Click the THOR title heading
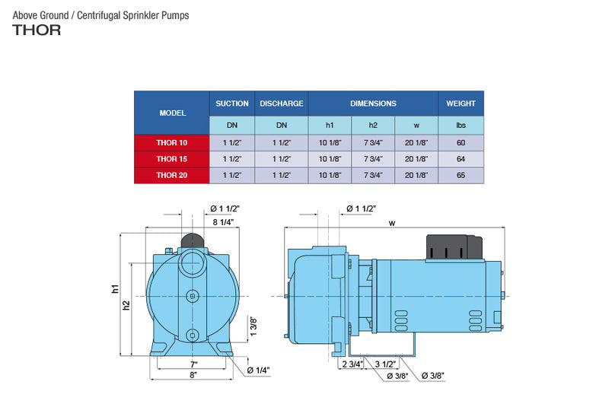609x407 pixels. point(37,31)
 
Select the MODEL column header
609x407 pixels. point(172,113)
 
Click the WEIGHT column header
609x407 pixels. point(461,103)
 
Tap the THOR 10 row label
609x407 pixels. point(172,142)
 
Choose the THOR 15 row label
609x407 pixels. point(172,159)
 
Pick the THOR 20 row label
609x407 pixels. point(172,176)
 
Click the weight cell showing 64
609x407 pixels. point(461,159)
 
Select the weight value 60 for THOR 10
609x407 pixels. point(461,142)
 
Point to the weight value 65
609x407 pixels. point(461,176)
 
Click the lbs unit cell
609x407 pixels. point(461,125)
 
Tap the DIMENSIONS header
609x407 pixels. point(373,103)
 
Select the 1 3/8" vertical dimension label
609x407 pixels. point(253,326)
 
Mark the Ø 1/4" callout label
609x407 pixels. point(259,370)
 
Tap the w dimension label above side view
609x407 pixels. point(392,223)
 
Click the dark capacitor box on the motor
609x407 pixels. point(454,247)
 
